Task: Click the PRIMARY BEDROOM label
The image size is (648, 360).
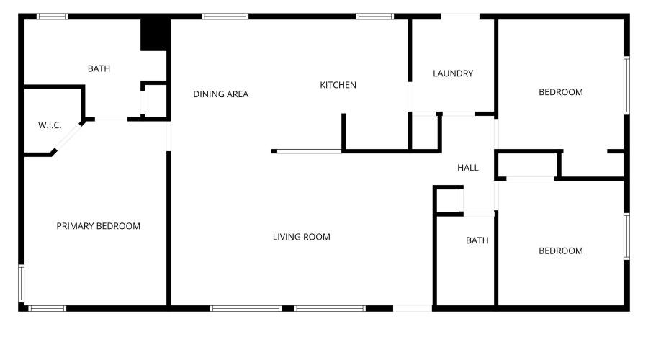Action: coord(99,226)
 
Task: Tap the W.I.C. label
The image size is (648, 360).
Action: coord(50,125)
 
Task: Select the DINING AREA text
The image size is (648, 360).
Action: coord(221,94)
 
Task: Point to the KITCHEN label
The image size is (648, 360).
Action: coord(338,85)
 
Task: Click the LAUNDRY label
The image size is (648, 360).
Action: coord(453,73)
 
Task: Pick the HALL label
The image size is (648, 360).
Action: coord(468,168)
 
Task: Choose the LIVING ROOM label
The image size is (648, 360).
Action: coord(301,238)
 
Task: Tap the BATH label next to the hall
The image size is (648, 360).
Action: coord(477,240)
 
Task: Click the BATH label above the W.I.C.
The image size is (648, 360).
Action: coord(99,68)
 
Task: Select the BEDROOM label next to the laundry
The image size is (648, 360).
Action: coord(561,92)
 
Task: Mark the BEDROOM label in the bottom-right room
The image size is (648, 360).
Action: coord(561,251)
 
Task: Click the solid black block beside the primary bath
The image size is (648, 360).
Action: coord(154,35)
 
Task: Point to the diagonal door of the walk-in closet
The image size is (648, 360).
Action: coord(67,137)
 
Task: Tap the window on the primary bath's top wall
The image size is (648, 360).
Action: coord(52,17)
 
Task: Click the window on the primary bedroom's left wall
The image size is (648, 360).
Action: coord(21,283)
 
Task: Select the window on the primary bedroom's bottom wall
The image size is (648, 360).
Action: coord(47,308)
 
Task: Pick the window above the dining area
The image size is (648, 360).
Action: coord(225,17)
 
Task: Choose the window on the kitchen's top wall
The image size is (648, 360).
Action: coord(375,17)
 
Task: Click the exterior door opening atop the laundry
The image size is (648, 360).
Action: coord(460,17)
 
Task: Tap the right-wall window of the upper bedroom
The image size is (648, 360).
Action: coord(626,86)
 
